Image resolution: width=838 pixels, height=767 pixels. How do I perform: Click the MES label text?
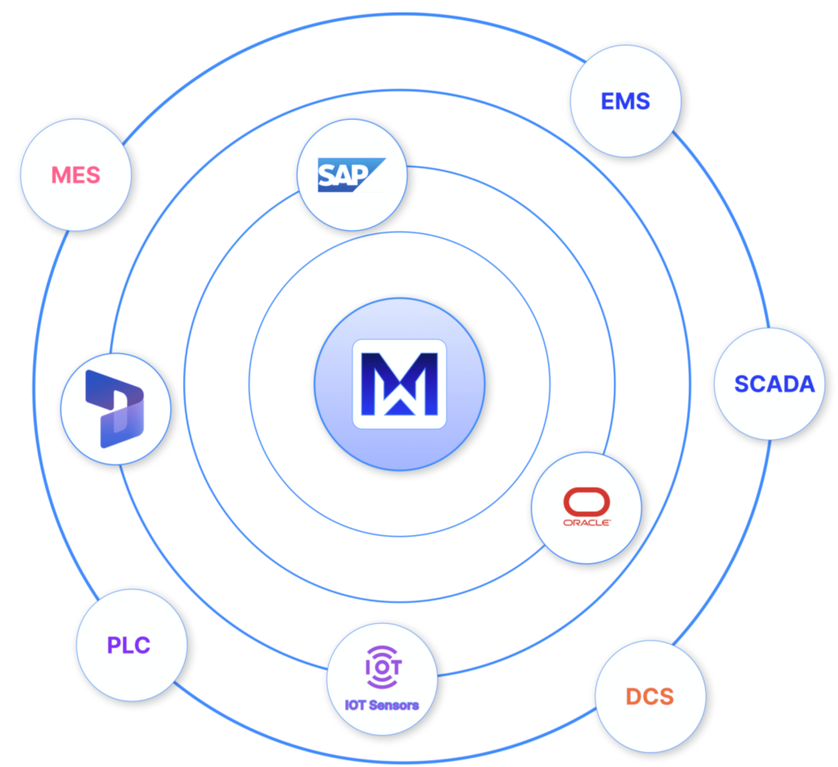(76, 175)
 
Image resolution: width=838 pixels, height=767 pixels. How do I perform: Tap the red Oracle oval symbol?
(587, 501)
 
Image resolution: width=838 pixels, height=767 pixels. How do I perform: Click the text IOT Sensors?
(382, 705)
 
